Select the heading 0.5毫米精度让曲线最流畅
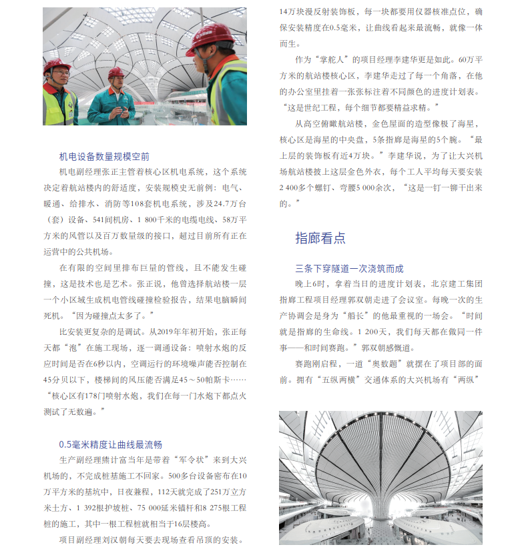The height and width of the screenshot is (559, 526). coord(111,444)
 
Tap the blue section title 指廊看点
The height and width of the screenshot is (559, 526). coord(320,237)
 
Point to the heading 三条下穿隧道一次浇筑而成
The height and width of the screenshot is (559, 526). coord(349,269)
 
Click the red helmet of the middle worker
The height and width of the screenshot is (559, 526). coord(116,72)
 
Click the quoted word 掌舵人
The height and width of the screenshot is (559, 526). coord(330,60)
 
